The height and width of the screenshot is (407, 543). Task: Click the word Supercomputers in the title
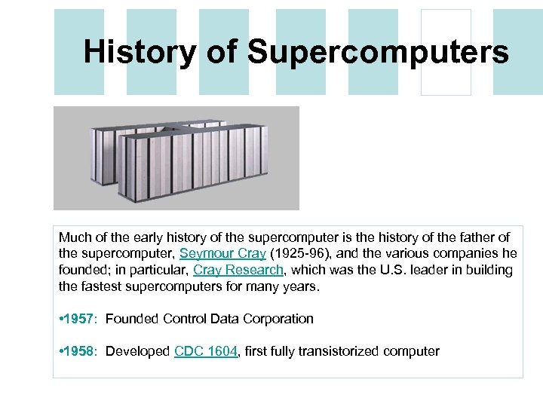tap(378, 51)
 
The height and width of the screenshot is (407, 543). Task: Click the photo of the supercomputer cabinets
tap(176, 158)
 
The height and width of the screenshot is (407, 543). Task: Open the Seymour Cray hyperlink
tap(222, 253)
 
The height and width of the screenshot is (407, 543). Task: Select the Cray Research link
tap(238, 270)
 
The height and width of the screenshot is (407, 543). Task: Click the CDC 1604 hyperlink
tap(206, 351)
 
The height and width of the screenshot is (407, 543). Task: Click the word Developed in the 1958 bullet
tap(138, 351)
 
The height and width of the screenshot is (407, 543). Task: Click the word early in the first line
tap(149, 237)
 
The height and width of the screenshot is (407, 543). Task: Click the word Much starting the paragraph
tap(74, 237)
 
